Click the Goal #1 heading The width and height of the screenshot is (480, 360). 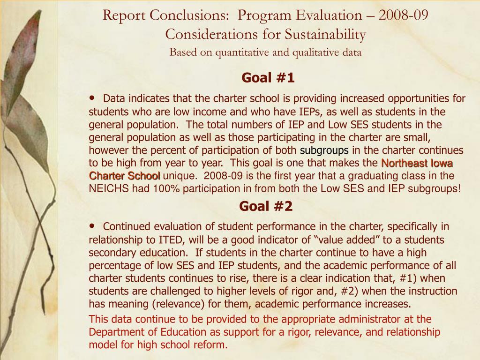(268, 78)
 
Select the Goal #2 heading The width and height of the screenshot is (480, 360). (266, 206)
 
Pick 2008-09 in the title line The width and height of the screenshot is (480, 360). (404, 15)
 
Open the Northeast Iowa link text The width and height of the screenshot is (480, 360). (417, 163)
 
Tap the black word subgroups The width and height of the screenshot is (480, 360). (324, 150)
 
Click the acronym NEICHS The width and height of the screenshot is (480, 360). (108, 188)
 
